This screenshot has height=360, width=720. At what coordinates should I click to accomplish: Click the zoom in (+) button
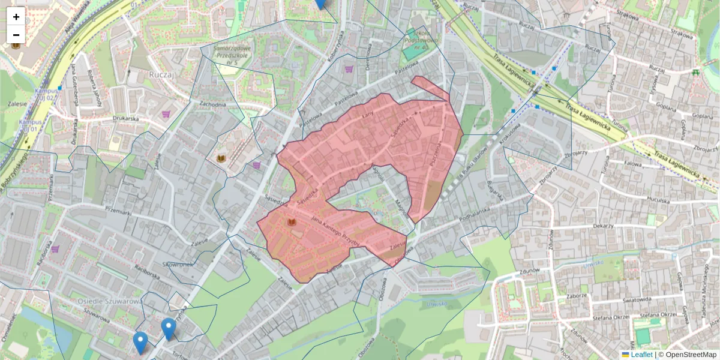(x=16, y=17)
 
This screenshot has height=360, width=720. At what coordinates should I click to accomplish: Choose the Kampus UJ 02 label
(x=46, y=94)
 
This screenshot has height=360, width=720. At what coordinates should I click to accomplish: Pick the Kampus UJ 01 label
(x=30, y=125)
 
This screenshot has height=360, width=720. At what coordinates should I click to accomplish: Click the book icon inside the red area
(x=292, y=223)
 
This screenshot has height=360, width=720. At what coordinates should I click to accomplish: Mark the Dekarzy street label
(x=601, y=226)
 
